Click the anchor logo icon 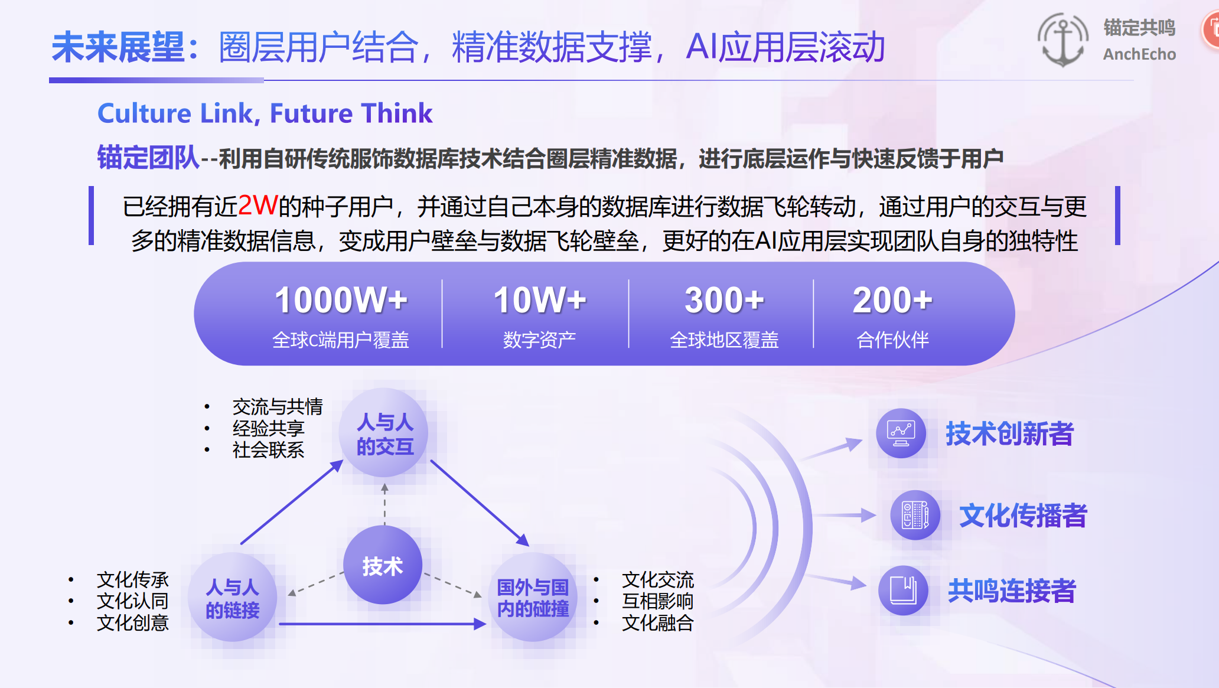tap(1063, 40)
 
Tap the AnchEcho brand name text tap(1139, 54)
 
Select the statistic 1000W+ tap(341, 300)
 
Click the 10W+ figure tap(540, 300)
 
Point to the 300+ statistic tap(724, 300)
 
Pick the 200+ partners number tap(892, 300)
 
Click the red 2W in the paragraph tap(258, 206)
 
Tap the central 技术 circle tap(383, 565)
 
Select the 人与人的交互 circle tap(384, 433)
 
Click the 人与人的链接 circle tap(232, 597)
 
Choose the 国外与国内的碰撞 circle tap(533, 597)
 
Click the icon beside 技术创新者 tap(901, 433)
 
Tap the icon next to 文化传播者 tap(915, 515)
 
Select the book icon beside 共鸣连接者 tap(903, 590)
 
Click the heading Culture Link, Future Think tap(265, 113)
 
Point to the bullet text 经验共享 tap(269, 428)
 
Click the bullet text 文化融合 tap(658, 622)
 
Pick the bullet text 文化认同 tap(133, 601)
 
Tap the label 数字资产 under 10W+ tap(539, 340)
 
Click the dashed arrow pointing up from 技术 tap(384, 504)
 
